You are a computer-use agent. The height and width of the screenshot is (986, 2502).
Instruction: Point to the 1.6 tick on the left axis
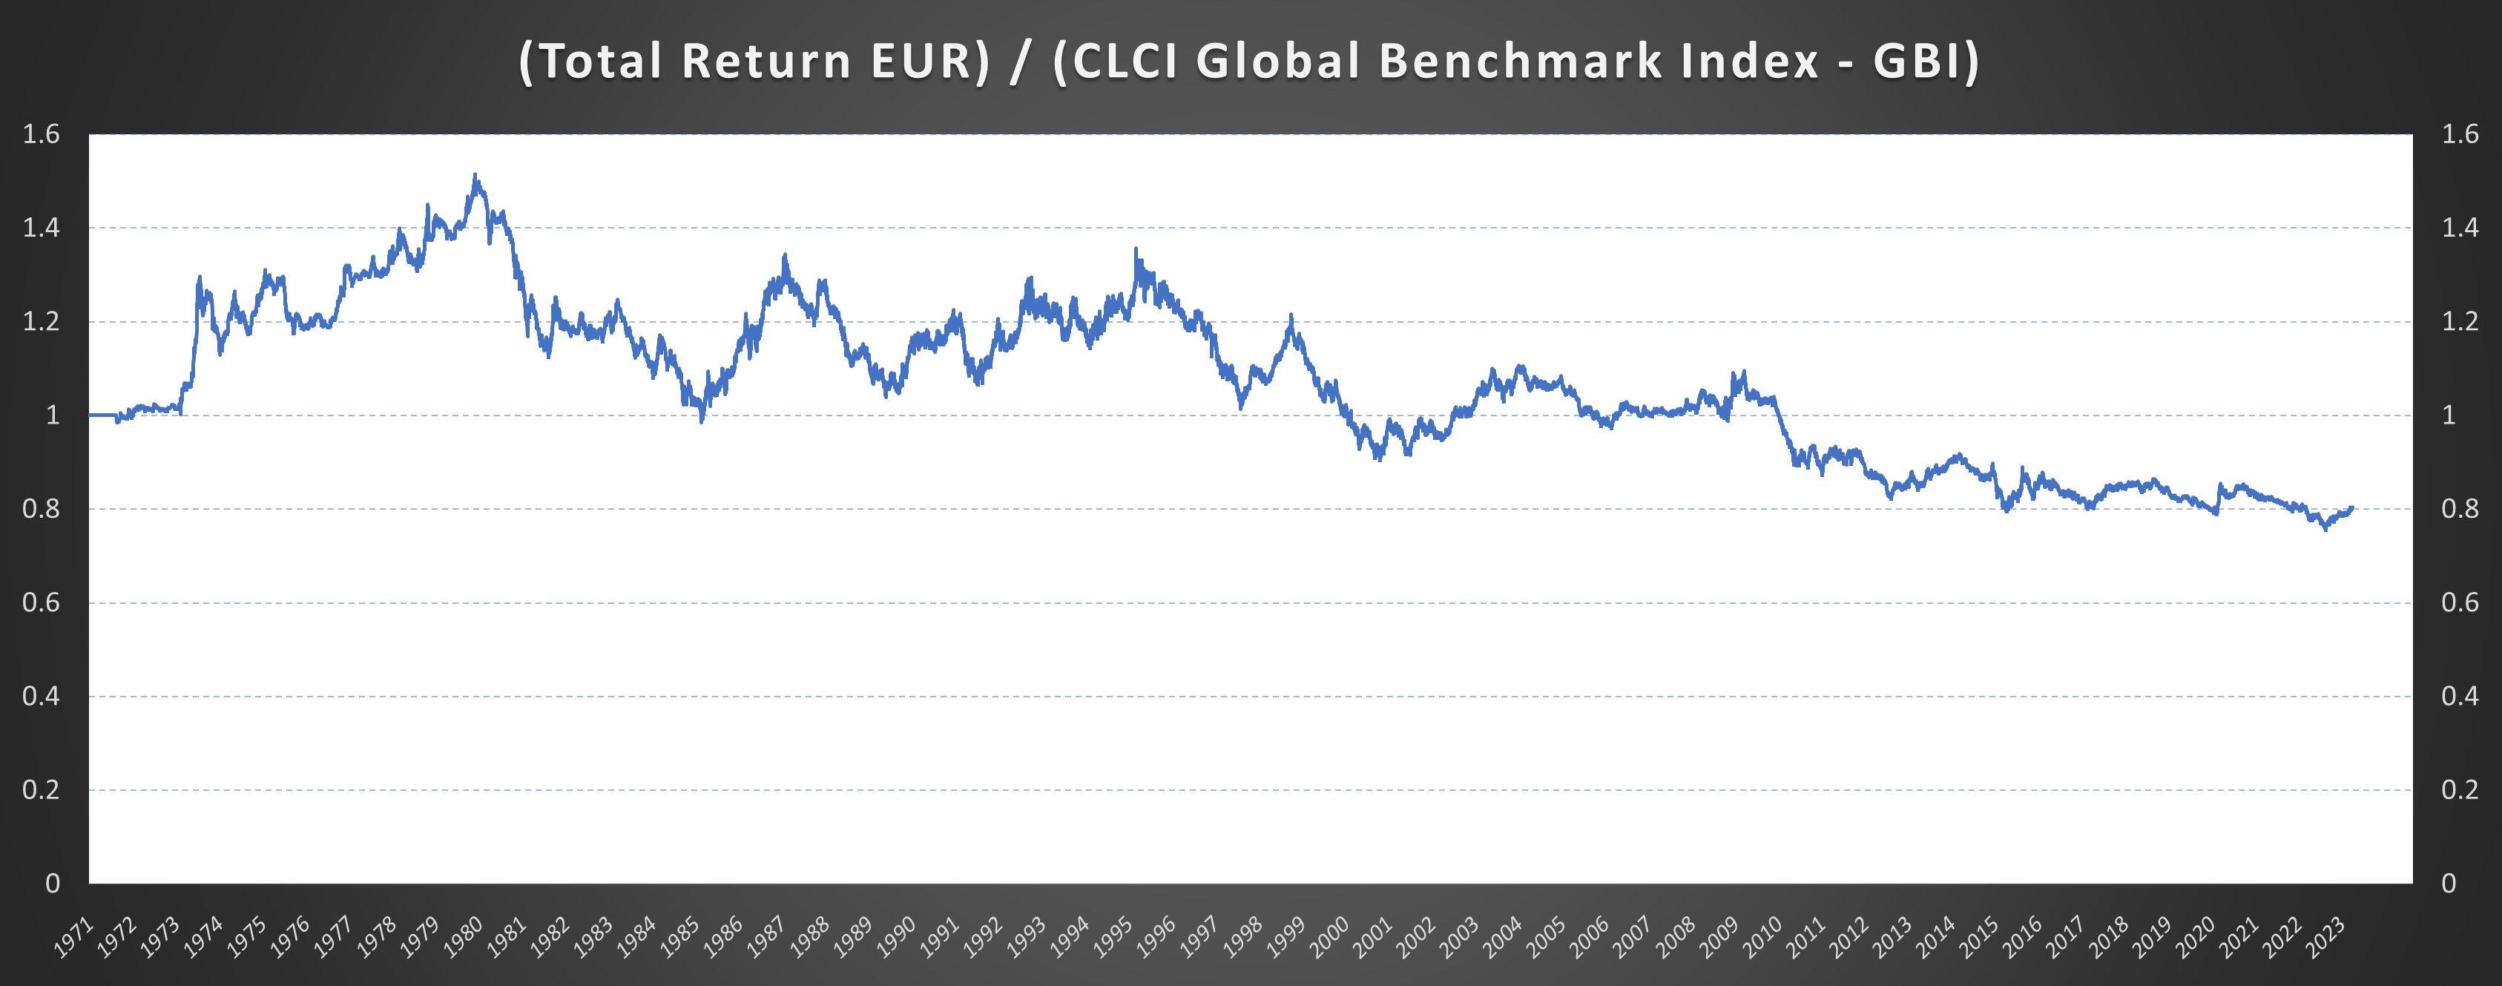point(41,134)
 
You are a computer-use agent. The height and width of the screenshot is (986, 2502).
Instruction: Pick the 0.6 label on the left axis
point(41,602)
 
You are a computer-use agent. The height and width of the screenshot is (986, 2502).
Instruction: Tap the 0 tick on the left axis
point(53,883)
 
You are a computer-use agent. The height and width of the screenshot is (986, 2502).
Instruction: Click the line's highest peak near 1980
point(475,175)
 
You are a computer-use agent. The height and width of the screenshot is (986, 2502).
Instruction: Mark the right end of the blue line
point(2351,507)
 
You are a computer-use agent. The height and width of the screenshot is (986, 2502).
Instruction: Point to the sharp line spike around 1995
point(1136,250)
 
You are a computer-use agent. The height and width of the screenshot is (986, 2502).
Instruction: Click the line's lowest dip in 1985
point(701,421)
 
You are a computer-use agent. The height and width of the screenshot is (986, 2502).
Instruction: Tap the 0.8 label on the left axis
point(41,509)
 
